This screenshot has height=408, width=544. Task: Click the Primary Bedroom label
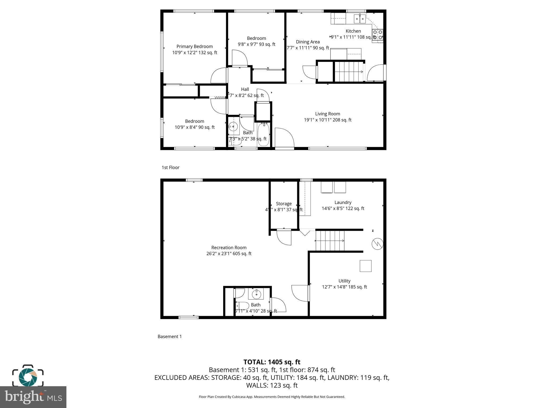[x=194, y=46]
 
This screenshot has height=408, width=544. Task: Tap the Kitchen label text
[x=353, y=31]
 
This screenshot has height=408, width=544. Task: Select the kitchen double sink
[x=360, y=19]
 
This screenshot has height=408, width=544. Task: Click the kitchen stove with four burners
[x=377, y=35]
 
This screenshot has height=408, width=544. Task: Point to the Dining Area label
[x=308, y=42]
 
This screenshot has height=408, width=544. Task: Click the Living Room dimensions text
[x=328, y=120]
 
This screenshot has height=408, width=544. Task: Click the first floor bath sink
[x=233, y=127]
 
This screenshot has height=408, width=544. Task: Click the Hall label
[x=245, y=89]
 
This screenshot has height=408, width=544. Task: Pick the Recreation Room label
[x=229, y=248]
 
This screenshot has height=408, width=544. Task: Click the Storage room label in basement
[x=284, y=204]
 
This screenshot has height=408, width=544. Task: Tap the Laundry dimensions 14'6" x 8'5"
[x=343, y=209]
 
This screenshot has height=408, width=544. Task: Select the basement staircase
[x=330, y=241]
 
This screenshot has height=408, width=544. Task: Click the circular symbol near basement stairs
[x=377, y=244]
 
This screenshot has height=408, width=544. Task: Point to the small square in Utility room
[x=365, y=266]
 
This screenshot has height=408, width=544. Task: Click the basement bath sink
[x=256, y=294]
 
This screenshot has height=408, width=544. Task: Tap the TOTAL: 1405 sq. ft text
[x=272, y=362]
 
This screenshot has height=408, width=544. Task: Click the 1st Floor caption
[x=171, y=167]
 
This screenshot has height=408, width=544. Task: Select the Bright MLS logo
[x=33, y=397]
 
